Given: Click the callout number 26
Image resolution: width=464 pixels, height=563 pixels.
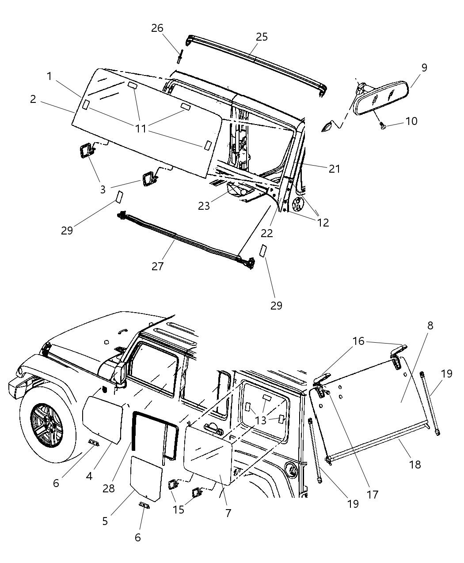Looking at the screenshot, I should click(x=157, y=28).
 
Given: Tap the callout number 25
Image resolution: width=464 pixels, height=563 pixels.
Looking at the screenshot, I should click(x=262, y=37).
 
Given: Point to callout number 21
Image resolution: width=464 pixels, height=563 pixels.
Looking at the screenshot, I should click(x=334, y=168).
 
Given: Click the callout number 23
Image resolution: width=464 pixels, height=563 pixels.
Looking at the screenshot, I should click(x=204, y=206).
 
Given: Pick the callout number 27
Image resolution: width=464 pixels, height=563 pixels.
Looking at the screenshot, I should click(x=158, y=266).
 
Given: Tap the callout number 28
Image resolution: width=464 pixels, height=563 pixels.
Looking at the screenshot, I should click(x=108, y=488).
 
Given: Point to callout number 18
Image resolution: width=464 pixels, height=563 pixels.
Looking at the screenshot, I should click(x=415, y=464).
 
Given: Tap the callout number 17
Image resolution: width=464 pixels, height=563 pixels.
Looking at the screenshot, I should click(x=373, y=494).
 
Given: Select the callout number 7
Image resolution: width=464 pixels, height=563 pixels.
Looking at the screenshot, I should click(x=228, y=513).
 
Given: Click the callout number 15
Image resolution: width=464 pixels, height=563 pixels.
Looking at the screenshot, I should click(x=178, y=509).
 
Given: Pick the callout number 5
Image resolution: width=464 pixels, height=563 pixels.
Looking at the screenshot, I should click(x=105, y=521).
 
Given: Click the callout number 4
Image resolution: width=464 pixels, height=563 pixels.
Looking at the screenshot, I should click(x=89, y=476).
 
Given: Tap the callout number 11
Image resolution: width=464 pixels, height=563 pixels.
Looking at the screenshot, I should click(x=141, y=128).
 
